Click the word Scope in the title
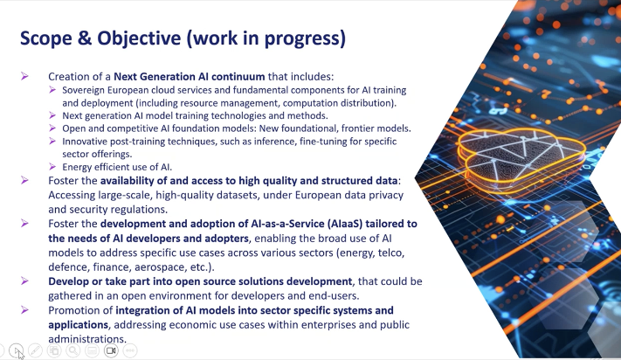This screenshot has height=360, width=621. coord(46,38)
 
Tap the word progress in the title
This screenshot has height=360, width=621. coord(305,38)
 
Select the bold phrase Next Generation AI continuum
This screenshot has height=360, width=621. coord(190,76)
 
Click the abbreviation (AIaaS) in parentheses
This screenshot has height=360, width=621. coord(344,224)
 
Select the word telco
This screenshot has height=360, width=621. coord(391,253)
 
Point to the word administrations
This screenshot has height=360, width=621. coord(87,339)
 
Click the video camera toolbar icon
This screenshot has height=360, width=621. coord(111,350)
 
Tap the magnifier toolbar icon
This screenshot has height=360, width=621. coord(72,350)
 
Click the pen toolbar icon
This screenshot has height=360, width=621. coord(35,350)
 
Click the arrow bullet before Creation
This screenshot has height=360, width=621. coord(24,76)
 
